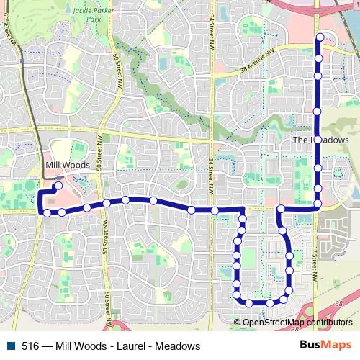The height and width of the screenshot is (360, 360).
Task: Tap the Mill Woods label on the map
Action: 67,165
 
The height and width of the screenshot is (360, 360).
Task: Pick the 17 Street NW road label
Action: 315,256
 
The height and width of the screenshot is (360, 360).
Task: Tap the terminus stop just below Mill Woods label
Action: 58,186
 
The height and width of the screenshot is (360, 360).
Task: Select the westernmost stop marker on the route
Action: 47,212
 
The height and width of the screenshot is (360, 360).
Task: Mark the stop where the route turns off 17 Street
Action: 318,204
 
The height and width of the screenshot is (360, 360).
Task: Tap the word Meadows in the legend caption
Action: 177,346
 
